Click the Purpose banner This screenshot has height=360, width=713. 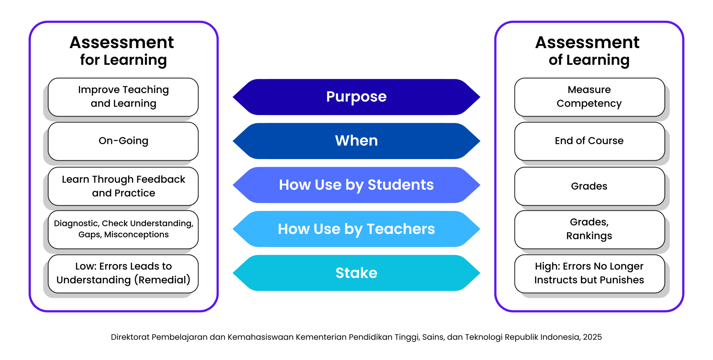356,97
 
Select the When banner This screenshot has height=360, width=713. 356,141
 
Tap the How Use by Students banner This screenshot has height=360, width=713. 356,185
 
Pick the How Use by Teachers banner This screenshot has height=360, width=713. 356,229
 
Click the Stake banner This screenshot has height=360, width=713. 356,273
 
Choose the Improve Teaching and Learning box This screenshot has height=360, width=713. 123,97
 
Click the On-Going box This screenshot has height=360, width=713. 123,141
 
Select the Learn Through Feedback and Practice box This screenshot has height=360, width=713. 123,186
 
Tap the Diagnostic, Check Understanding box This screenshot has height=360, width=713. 123,229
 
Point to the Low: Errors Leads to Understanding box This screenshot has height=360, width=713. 123,274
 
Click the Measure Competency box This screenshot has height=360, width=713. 589,97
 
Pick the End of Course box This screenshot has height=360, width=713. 589,141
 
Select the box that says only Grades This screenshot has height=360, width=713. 589,186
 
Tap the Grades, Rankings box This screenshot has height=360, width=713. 589,229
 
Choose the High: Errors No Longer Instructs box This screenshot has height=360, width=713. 589,274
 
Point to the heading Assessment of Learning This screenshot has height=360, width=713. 588,51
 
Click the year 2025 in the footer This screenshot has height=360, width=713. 592,337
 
